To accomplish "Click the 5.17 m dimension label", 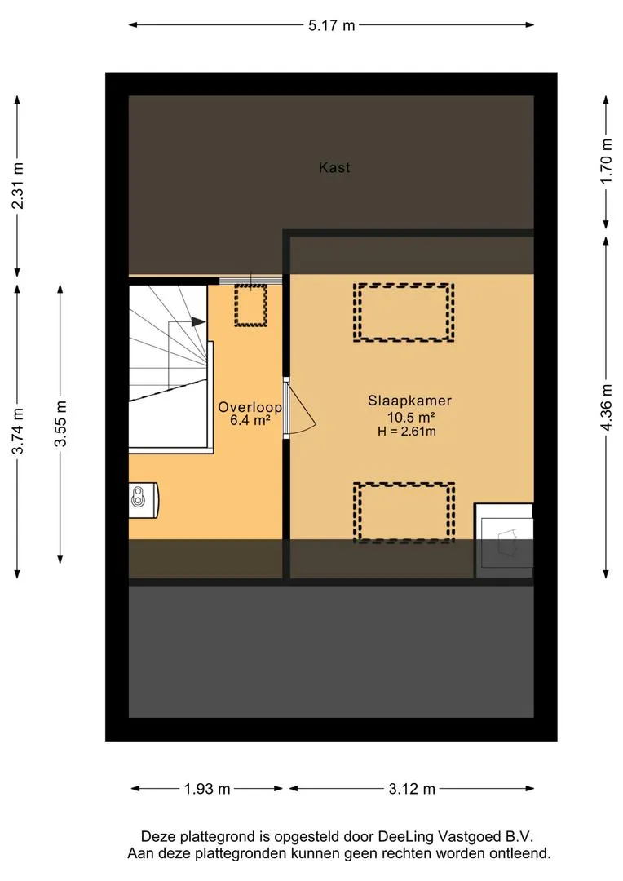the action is point(331,25).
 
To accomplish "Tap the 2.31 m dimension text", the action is point(18,185).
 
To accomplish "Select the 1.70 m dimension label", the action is point(606,161).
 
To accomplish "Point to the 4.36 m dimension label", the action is point(606,408).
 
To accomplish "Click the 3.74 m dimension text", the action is point(18,431).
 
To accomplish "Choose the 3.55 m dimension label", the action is point(60,423).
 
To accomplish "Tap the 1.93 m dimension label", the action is point(207,789).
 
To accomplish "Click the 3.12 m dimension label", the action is point(412,789).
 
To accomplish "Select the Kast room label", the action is point(334,167).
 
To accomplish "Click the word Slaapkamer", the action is point(409,401).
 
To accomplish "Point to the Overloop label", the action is point(250,407).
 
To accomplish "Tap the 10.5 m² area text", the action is point(411,417).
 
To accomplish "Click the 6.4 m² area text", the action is point(250,420).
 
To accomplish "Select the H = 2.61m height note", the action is point(407,432).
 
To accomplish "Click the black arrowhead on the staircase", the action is point(198,322).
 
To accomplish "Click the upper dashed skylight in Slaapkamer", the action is point(404,312).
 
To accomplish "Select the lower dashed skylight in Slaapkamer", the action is point(404,512).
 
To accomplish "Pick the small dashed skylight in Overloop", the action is point(250,306).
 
